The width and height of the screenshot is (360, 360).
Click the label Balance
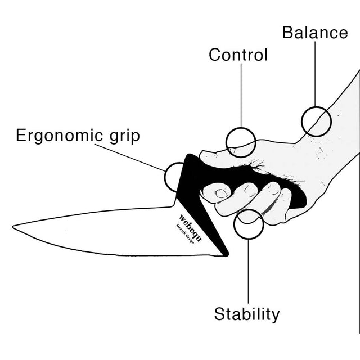tap(314, 32)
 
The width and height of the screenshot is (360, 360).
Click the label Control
tap(238, 55)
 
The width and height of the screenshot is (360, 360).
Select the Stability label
tap(246, 314)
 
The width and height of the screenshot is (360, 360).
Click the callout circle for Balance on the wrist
tap(316, 121)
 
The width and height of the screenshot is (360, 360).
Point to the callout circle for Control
tap(241, 142)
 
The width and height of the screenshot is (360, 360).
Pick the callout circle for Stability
tap(249, 224)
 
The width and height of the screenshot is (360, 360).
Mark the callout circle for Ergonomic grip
tap(178, 176)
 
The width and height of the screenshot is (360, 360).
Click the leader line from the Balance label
tap(315, 73)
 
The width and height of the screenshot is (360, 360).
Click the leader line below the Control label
tap(241, 96)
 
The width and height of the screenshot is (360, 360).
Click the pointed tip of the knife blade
tap(15, 227)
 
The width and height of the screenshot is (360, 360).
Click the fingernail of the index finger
tap(220, 193)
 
